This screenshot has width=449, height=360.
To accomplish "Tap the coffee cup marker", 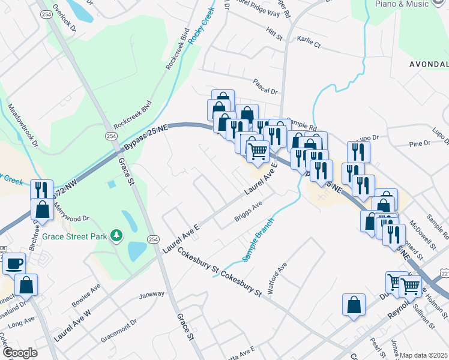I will pyautogui.click(x=14, y=263).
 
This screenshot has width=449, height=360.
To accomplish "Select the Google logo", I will pyautogui.click(x=20, y=353).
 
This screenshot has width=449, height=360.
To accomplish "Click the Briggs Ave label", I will pyautogui.click(x=249, y=212).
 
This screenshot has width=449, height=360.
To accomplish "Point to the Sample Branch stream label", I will pyautogui.click(x=259, y=239).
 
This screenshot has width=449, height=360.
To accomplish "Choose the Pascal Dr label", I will pyautogui.click(x=265, y=91).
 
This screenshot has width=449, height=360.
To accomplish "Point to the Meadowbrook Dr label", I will pyautogui.click(x=23, y=126).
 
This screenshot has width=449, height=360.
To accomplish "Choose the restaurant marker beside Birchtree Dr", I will pyautogui.click(x=41, y=190).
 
